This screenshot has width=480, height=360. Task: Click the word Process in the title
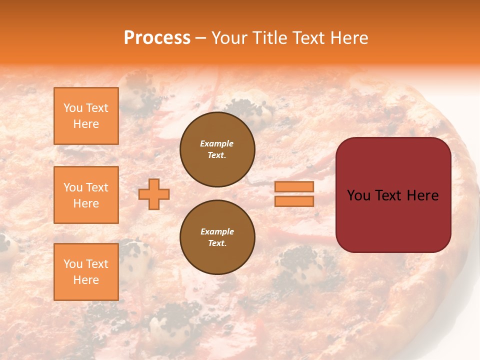click(157, 37)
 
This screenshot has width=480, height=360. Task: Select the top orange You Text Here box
click(86, 116)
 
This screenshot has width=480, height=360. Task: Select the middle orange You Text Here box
click(86, 195)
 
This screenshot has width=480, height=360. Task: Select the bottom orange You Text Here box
click(86, 272)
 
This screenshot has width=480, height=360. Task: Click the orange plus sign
click(154, 194)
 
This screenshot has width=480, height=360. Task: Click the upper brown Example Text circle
click(217, 149)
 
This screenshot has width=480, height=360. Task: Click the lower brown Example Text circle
click(217, 237)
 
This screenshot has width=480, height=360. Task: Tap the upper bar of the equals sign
click(294, 186)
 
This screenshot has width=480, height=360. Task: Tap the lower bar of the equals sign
click(294, 201)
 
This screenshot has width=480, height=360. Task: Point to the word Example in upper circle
click(217, 143)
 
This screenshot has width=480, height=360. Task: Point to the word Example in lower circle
click(217, 231)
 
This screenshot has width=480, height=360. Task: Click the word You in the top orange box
click(73, 108)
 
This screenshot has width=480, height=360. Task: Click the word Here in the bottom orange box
click(86, 280)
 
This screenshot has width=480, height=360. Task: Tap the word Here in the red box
click(423, 195)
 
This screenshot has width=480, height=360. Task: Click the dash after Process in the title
click(200, 38)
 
